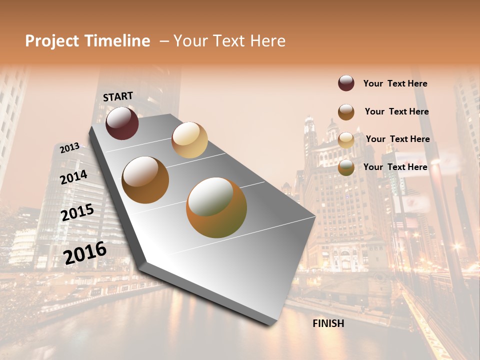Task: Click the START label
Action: [x=118, y=96]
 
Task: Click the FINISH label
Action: [x=328, y=323]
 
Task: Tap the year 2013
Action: [x=69, y=147]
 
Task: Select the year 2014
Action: [x=73, y=177]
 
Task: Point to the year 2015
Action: [x=77, y=212]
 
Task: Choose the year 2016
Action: [x=85, y=252]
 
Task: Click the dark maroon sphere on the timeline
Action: [x=122, y=123]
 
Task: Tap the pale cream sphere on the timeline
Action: [x=189, y=139]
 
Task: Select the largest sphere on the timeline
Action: [x=216, y=207]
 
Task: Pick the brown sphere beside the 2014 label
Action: [x=145, y=180]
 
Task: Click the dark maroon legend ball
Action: [x=346, y=83]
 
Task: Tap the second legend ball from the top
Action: [x=346, y=111]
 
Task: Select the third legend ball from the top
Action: [x=346, y=139]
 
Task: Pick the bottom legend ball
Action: [x=346, y=167]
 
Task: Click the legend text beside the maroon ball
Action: [x=395, y=83]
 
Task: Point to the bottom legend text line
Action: [x=395, y=167]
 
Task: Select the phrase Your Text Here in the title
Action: [x=229, y=41]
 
